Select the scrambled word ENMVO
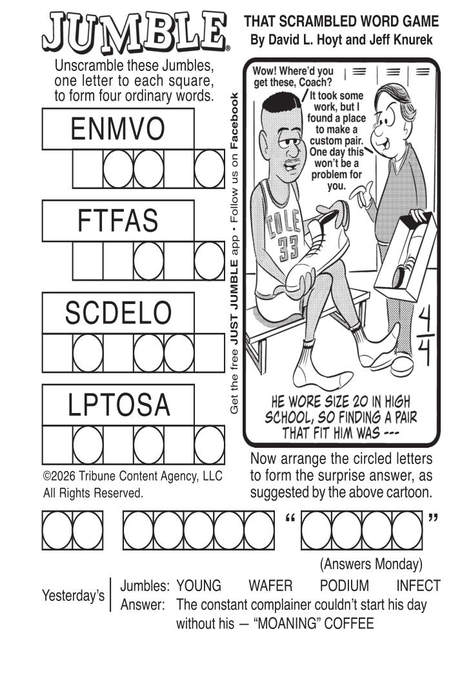pos(118,129)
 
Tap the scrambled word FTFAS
pos(118,221)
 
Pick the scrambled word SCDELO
pos(118,314)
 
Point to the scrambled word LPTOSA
pos(119,405)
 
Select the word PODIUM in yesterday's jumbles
pos(345,586)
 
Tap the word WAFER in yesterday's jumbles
pos(270,586)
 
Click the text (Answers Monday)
pos(370,564)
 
